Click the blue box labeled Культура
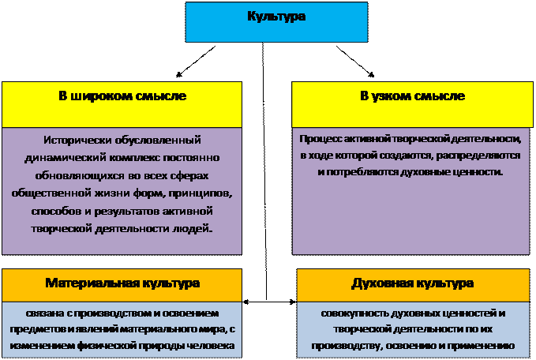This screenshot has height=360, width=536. [x=276, y=21]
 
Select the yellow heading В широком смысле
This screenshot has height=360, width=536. [x=122, y=96]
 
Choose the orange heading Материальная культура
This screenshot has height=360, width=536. [x=122, y=283]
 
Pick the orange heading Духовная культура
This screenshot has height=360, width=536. [x=412, y=283]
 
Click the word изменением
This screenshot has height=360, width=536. [x=39, y=346]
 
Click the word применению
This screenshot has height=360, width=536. [x=484, y=346]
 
